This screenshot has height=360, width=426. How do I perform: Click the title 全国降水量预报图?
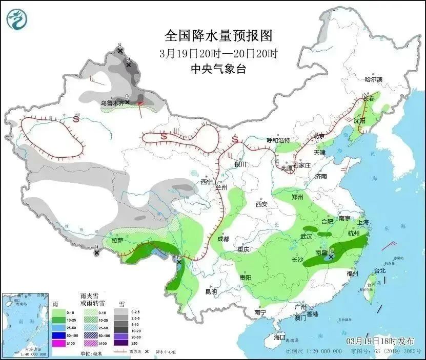pos(218,35)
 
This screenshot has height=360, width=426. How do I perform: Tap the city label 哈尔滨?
pos(373,79)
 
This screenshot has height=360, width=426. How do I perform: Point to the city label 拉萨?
pos(117,240)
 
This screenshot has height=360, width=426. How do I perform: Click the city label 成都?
pos(222,239)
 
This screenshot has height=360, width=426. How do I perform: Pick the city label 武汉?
pos(306,236)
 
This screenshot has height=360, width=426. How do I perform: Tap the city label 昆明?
pos(211,291)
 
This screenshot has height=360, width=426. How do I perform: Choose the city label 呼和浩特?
pos(278,140)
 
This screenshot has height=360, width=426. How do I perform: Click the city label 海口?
pos(279,337)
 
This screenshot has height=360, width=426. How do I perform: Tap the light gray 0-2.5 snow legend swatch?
pos(121,311)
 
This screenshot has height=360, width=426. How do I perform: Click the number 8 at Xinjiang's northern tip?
pos(119,46)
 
